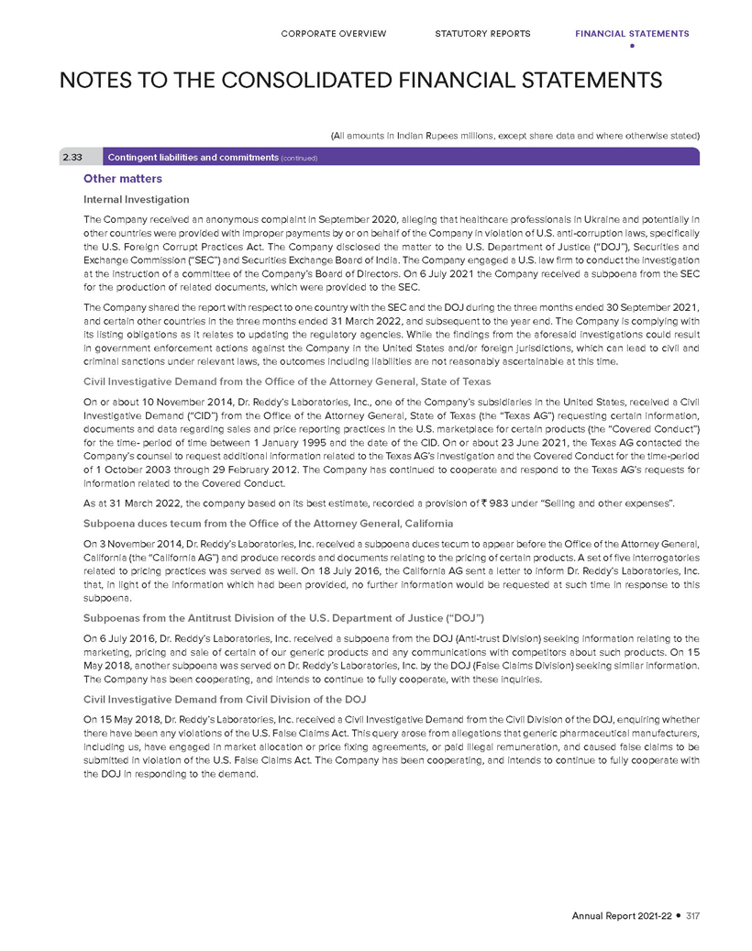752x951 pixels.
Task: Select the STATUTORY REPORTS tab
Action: [482, 34]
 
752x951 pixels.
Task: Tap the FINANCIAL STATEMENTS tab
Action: [632, 34]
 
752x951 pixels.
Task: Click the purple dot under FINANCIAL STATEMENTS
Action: [632, 46]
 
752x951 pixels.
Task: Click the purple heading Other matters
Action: [122, 179]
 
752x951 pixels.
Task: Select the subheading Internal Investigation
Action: [136, 198]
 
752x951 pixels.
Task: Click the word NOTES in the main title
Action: [104, 80]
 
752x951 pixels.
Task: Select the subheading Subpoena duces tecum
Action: [268, 523]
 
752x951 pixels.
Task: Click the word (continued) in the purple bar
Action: [295, 158]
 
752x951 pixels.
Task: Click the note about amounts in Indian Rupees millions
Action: [514, 136]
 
